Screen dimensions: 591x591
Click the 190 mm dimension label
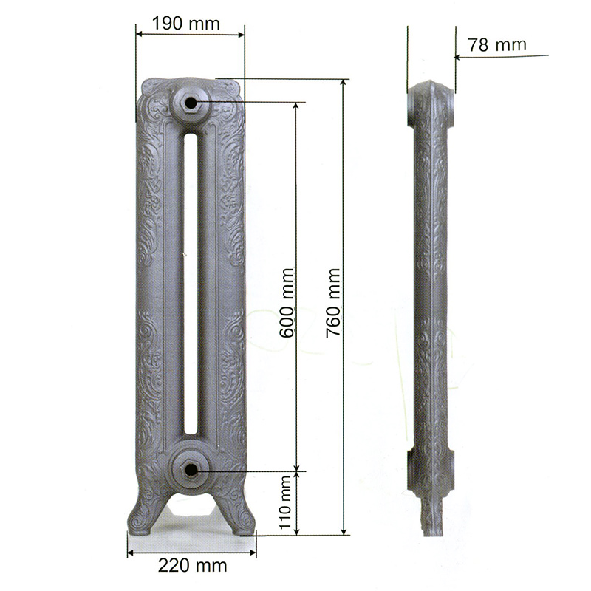(186, 24)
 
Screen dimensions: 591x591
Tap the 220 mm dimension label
(192, 565)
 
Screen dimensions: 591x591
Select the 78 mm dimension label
(497, 45)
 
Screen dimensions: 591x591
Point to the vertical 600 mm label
(287, 303)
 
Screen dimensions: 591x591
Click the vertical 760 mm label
(334, 303)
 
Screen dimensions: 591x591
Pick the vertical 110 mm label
(286, 502)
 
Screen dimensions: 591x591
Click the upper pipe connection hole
(191, 103)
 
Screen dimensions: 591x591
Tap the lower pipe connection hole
(191, 470)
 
